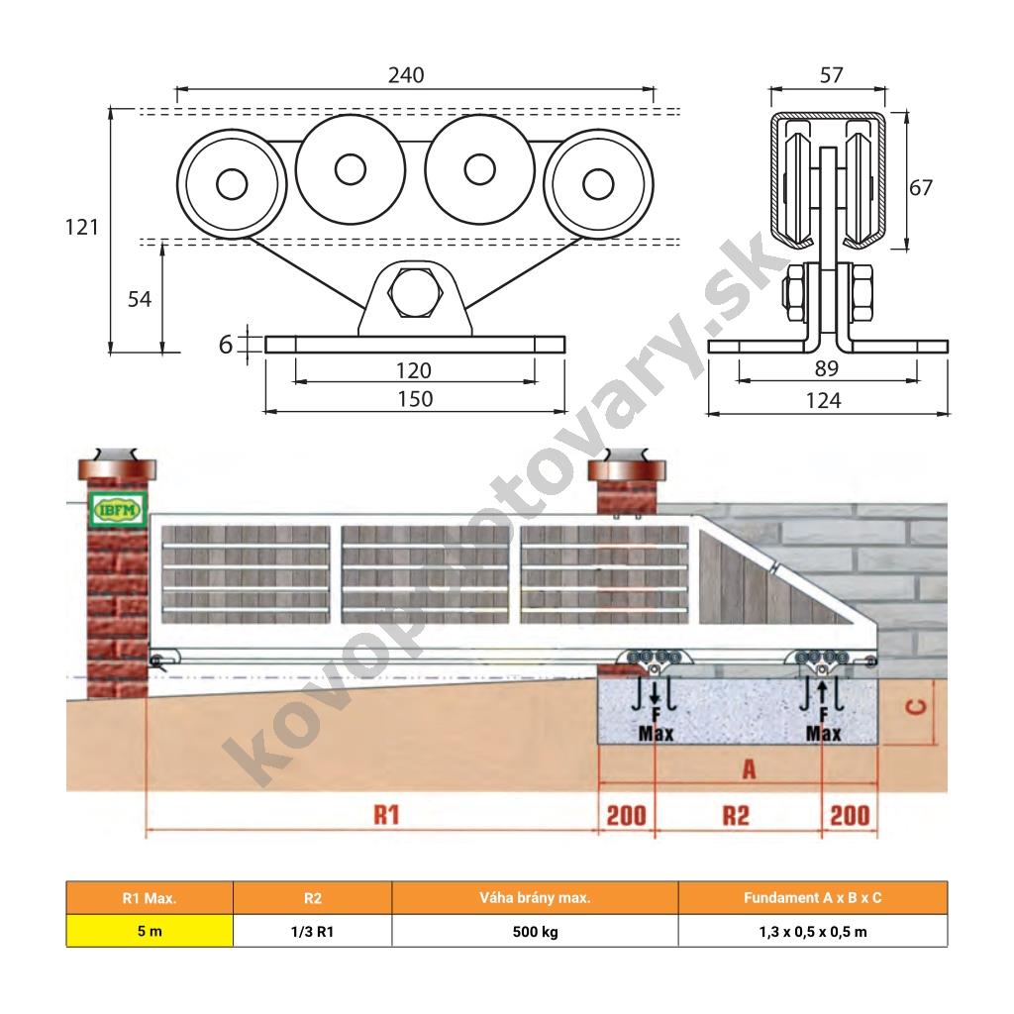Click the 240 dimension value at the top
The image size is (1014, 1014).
coord(406,75)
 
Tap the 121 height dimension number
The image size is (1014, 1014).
coord(82,227)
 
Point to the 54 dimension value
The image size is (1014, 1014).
coord(140,299)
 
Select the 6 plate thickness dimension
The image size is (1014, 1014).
coord(225,345)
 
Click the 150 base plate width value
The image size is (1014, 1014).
coord(415,399)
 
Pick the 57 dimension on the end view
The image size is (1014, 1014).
coord(832,75)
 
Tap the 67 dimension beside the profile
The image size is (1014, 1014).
coord(921,187)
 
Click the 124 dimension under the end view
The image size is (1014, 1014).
coord(823,401)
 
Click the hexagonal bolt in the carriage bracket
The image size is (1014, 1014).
coord(416,292)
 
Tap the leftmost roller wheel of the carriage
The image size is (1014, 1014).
coord(232,184)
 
